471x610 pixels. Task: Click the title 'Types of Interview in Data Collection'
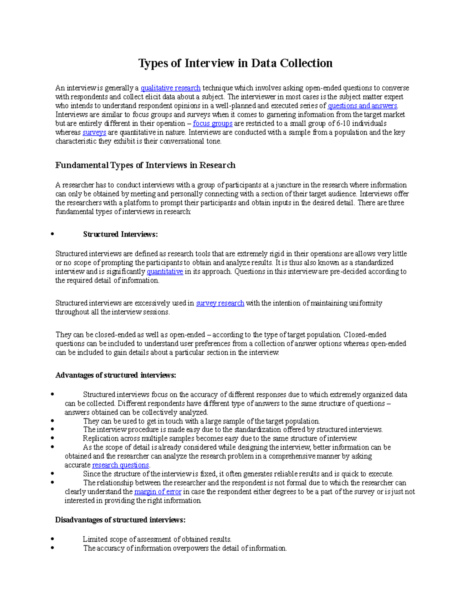(x=235, y=63)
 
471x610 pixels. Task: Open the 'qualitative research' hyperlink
(x=170, y=88)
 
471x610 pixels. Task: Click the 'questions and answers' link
(x=362, y=106)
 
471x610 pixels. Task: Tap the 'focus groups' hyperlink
(x=213, y=123)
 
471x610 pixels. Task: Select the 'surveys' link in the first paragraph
(x=94, y=132)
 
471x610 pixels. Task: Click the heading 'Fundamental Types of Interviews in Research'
(x=145, y=165)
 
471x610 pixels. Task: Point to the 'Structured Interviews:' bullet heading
(x=120, y=234)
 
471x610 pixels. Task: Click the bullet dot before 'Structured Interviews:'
(x=52, y=234)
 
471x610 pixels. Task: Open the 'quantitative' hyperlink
(x=165, y=271)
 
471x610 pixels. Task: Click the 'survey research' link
(x=220, y=303)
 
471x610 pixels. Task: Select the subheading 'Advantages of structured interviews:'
(x=116, y=375)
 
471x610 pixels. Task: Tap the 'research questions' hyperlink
(x=120, y=465)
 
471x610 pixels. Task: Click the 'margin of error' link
(x=158, y=492)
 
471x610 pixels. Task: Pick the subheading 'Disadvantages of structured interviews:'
(x=120, y=520)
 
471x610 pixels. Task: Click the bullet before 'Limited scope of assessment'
(x=52, y=539)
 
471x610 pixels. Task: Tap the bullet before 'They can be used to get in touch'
(x=52, y=421)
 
